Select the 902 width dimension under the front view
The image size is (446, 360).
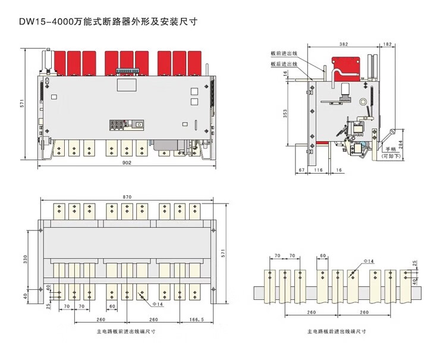pos(126,162)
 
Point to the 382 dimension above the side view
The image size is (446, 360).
pos(343,45)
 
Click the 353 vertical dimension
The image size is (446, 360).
pos(285,114)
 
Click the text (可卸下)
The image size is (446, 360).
pos(391,156)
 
